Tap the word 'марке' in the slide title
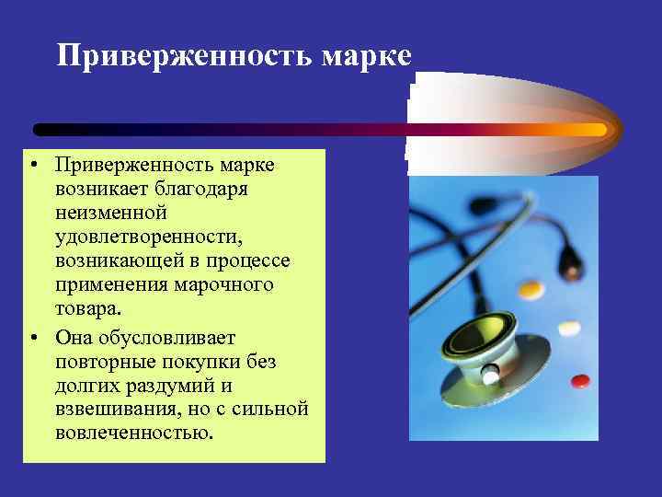(x=366, y=56)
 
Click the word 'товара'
(x=86, y=309)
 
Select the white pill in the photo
(x=570, y=327)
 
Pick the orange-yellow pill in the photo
(x=531, y=290)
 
